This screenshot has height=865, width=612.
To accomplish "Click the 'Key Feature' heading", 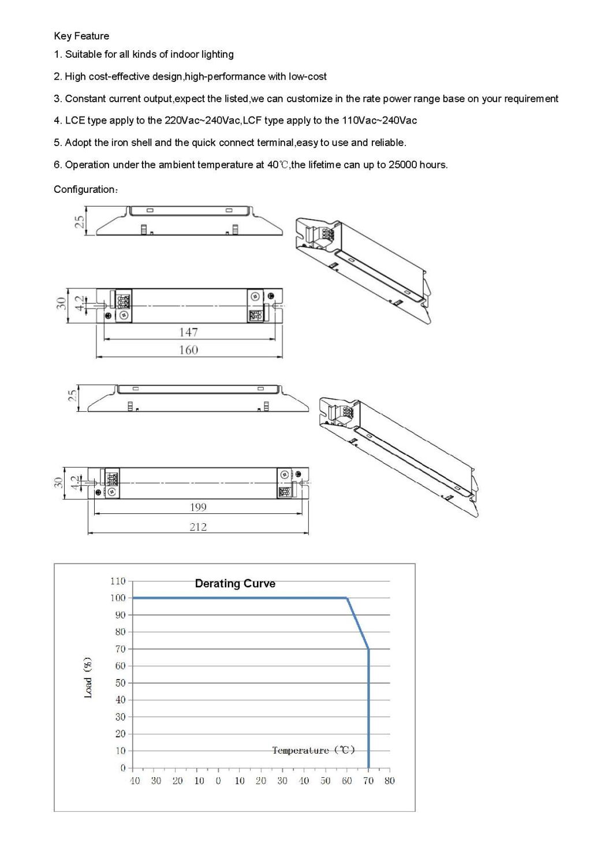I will coord(81,36).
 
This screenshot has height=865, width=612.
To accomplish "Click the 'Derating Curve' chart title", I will coord(235,583).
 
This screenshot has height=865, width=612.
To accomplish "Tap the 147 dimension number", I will coord(188,332).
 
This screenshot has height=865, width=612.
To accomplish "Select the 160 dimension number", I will coord(188,350).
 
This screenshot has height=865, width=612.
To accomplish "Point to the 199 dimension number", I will coord(198,507).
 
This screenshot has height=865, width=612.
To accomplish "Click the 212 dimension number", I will coord(198,527).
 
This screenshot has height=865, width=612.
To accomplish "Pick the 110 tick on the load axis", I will coord(118,581).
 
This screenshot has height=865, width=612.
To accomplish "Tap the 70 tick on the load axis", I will coord(120,649).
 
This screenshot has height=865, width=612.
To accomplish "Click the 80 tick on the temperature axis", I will coord(390,781).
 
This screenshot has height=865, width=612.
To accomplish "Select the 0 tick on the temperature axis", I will coord(218,781).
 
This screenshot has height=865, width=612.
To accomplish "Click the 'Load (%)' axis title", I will coord(88,677).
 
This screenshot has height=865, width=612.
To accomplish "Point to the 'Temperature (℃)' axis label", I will coord(314,750).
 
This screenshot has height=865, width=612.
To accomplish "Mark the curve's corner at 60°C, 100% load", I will coord(347,598).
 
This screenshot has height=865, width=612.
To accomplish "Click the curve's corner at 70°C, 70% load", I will coord(368,649).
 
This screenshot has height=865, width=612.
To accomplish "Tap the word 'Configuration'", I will coord(84,189).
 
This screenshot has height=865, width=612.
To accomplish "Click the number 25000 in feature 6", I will coord(402,165).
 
